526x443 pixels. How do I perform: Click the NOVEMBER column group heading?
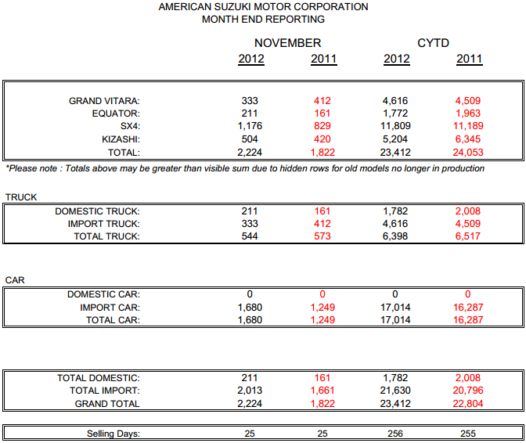tap(287, 43)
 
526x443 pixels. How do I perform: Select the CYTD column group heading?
tap(433, 43)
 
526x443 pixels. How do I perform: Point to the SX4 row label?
tap(130, 126)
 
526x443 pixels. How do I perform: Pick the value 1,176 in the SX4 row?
tap(250, 126)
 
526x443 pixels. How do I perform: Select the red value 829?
tap(321, 126)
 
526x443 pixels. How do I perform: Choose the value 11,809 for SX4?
tap(396, 126)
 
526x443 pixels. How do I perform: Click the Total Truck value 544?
tap(250, 236)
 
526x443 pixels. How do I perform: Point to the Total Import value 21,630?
tap(396, 391)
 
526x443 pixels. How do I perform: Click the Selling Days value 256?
tap(396, 434)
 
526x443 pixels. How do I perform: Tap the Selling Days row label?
tap(113, 434)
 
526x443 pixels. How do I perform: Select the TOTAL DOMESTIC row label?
tap(99, 378)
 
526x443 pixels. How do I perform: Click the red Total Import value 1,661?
tap(321, 391)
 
